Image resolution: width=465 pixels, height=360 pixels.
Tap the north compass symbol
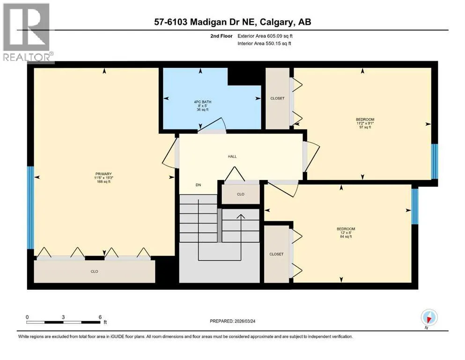click(429, 317)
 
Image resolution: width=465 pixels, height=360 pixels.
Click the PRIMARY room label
click(103, 174)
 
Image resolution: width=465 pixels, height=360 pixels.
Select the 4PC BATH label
click(203, 102)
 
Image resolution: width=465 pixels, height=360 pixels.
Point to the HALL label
click(232, 157)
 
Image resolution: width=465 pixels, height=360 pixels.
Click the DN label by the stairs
click(199, 185)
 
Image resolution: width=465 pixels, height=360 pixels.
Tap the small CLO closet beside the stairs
click(241, 194)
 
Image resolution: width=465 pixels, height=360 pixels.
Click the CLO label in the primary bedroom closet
click(94, 271)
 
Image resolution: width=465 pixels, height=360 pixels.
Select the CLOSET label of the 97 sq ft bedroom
click(277, 98)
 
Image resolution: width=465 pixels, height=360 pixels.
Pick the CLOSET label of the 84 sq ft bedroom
click(276, 254)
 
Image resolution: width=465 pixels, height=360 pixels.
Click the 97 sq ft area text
click(365, 127)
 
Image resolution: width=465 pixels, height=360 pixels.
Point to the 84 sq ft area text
click(346, 237)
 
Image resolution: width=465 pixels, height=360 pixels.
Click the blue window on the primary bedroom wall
click(30, 208)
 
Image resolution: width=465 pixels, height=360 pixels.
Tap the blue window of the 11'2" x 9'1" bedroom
click(435, 161)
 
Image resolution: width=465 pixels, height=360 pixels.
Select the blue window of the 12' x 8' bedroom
click(414, 206)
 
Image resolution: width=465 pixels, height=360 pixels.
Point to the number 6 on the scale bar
click(100, 317)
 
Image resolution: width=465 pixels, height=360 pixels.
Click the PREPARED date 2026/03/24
click(245, 321)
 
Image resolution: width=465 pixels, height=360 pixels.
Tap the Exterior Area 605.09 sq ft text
click(265, 36)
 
